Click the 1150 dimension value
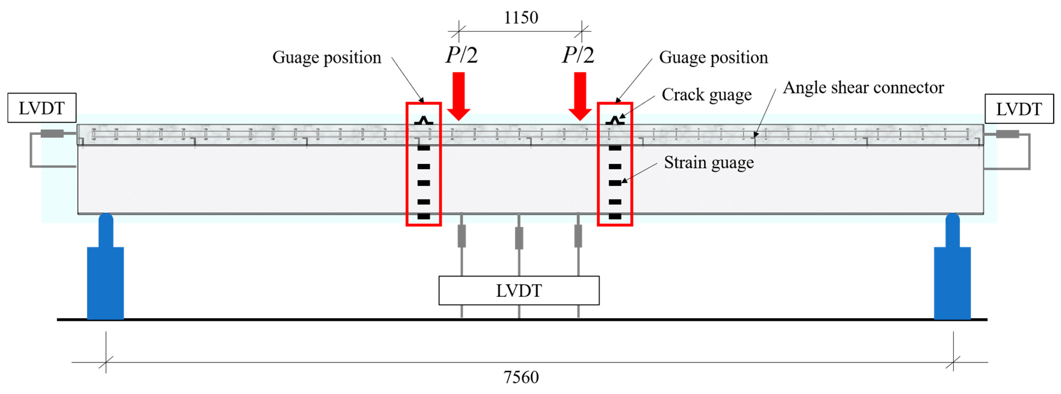point(521,18)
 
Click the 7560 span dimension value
point(521,377)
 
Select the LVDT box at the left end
point(42,108)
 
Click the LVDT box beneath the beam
point(519,290)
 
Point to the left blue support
point(106,276)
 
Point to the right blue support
point(952,276)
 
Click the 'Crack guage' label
point(706,95)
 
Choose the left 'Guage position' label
point(327,57)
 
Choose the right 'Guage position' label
point(713,57)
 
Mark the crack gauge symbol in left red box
point(424,121)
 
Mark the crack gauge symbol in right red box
point(615,121)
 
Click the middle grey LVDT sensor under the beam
point(519,238)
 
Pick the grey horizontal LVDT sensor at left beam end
point(52,133)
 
